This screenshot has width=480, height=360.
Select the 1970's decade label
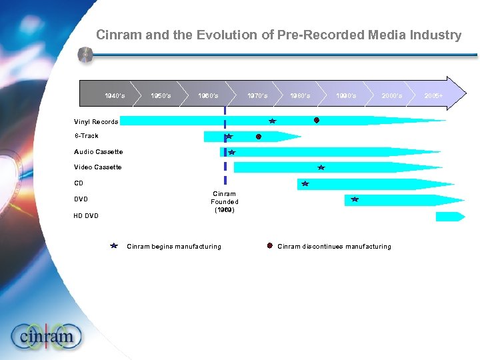(257, 96)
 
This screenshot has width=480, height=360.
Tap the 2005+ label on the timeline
(435, 96)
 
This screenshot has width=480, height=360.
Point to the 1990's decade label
(346, 96)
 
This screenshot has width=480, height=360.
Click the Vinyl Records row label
(96, 122)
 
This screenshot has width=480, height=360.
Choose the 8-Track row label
(86, 136)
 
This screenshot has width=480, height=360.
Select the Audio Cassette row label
(98, 152)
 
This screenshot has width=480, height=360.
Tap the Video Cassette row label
(98, 167)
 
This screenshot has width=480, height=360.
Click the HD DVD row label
(86, 215)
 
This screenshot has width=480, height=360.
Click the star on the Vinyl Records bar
(272, 121)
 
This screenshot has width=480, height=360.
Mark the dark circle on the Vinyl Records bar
(317, 121)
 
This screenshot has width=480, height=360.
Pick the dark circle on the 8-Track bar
(258, 137)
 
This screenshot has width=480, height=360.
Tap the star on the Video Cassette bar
(321, 167)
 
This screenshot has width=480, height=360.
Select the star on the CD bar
(305, 183)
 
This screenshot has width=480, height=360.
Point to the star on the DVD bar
(355, 199)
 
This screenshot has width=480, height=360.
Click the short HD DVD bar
(449, 216)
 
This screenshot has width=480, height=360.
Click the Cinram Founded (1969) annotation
(225, 201)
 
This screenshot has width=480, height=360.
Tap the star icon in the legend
(115, 246)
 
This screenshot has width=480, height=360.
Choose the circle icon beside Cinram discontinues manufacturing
(269, 246)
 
